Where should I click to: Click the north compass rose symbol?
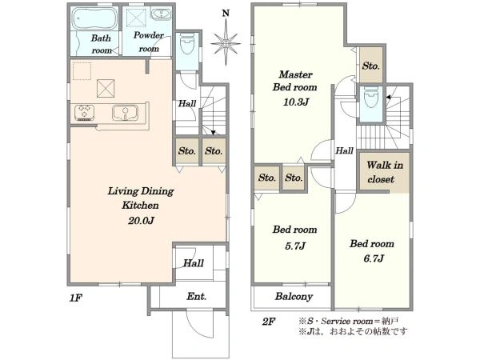227,41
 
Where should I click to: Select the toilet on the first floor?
186,46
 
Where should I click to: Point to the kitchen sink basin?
125,111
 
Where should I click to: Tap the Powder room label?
149,42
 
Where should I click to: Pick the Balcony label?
294,296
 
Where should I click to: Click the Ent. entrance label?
197,297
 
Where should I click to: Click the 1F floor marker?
76,297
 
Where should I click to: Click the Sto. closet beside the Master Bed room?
371,67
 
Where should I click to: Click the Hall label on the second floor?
345,150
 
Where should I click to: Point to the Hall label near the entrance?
193,262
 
